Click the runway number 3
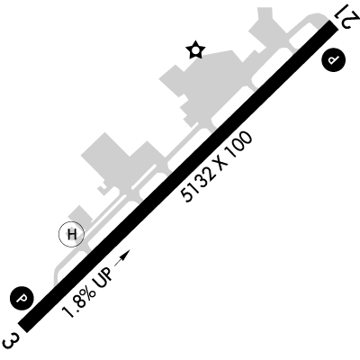(11, 340)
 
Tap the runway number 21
(348, 17)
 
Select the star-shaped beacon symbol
(195, 49)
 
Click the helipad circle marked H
(71, 234)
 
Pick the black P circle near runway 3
(22, 299)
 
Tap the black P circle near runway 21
(333, 59)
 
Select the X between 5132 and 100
(221, 164)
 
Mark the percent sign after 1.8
(89, 291)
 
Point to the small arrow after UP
(122, 257)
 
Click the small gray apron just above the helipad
(79, 214)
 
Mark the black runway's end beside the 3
(22, 328)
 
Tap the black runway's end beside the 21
(334, 25)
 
